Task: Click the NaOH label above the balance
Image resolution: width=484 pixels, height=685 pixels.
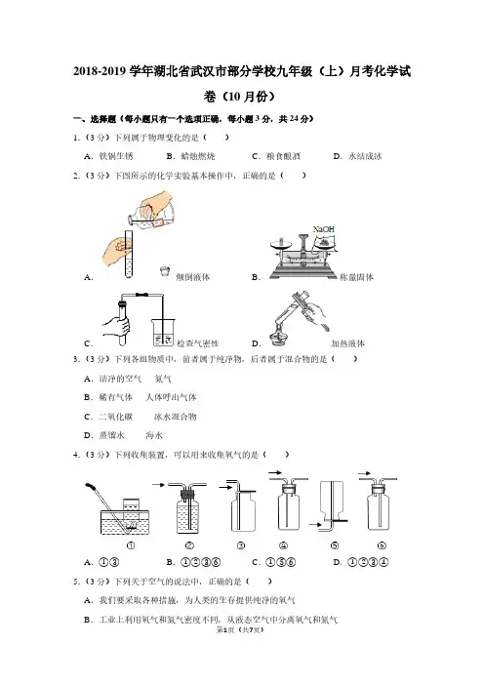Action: coord(323,229)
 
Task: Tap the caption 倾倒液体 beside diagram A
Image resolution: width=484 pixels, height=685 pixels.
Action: coord(192,277)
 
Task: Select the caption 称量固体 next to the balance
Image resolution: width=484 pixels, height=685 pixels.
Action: coord(356,277)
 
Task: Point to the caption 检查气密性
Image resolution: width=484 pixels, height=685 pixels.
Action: coord(198,343)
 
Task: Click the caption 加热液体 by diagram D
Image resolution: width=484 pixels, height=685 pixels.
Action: coord(347,343)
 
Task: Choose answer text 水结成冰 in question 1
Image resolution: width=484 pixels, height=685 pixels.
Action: coord(365,156)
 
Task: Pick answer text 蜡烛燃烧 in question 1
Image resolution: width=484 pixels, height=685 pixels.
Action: coord(198,156)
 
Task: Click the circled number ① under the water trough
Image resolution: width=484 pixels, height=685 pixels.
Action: coord(130,545)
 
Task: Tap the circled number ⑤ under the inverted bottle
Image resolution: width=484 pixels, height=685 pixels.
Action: coord(335,545)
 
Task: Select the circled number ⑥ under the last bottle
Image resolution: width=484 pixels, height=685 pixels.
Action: coord(382,545)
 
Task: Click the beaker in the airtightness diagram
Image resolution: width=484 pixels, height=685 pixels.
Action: coord(163,333)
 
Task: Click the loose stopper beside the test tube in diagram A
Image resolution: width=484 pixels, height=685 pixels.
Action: coord(164,271)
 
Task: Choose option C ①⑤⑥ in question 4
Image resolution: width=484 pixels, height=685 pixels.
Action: coord(274,562)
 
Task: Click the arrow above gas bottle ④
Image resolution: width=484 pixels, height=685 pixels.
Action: coord(274,472)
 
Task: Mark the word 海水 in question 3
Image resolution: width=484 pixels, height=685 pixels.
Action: coord(154,435)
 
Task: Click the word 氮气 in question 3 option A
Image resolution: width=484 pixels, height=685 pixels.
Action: coord(163,379)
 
